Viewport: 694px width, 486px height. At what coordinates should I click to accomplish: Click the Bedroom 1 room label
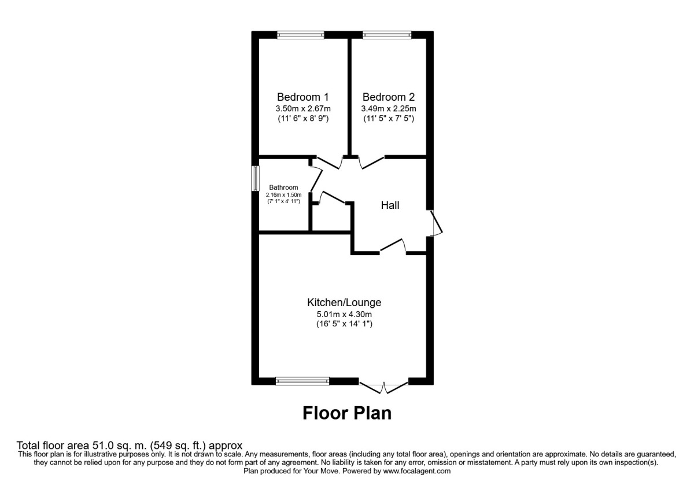click(303, 97)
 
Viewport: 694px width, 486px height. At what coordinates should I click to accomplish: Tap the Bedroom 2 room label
click(388, 97)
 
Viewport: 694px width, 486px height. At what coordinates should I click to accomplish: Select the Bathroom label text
click(283, 187)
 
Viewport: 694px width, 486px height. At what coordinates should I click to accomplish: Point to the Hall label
click(390, 205)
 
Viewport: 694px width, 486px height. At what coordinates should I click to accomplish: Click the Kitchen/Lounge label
click(344, 303)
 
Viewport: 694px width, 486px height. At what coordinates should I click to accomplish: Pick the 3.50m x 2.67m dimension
click(303, 109)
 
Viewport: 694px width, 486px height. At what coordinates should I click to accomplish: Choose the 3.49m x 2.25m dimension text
click(388, 109)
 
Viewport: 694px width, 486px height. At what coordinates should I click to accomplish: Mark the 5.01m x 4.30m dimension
click(344, 314)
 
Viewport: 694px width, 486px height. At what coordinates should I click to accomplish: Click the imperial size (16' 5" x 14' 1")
click(344, 325)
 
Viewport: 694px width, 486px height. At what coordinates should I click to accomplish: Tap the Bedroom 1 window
click(300, 35)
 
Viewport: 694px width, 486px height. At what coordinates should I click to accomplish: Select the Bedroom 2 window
click(387, 35)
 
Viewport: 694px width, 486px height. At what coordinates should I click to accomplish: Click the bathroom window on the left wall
click(254, 179)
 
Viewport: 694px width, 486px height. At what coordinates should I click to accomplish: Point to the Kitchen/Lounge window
click(302, 381)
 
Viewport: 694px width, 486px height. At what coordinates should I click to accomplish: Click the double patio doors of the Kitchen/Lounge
click(384, 386)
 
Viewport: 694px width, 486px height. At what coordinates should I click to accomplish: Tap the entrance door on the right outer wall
click(435, 223)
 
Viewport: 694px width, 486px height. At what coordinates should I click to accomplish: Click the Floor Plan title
click(347, 413)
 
